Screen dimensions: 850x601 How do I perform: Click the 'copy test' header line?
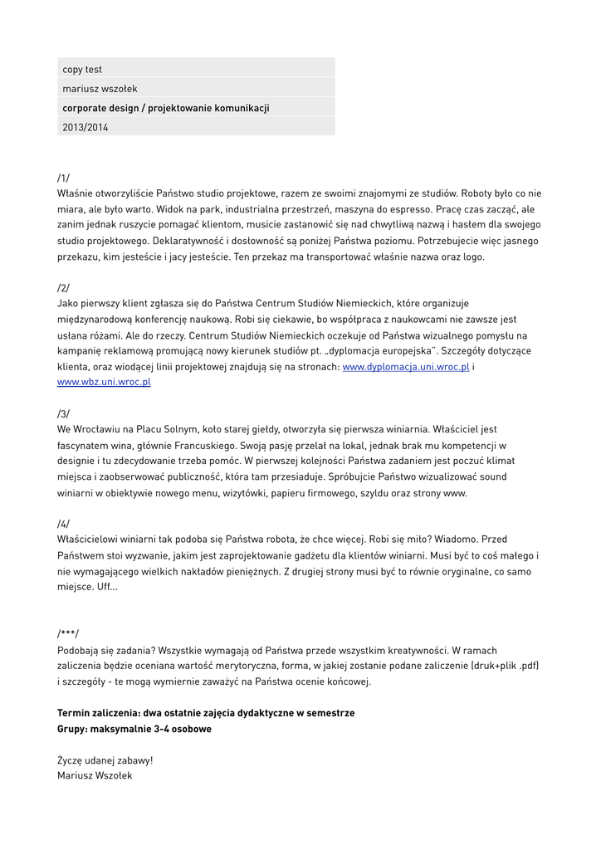(x=82, y=69)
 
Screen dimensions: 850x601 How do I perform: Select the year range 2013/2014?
(x=85, y=127)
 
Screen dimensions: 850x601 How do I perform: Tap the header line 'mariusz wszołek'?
(x=100, y=88)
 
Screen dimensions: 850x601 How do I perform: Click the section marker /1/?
(x=64, y=178)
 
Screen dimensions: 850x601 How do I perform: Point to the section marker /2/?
(x=64, y=287)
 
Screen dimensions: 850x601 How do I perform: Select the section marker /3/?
(x=64, y=413)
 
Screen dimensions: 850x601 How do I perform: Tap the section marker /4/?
(x=64, y=524)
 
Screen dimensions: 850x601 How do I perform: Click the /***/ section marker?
(x=68, y=633)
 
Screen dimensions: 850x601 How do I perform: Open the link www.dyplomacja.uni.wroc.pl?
(x=406, y=366)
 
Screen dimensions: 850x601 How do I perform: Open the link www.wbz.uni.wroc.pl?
(x=104, y=382)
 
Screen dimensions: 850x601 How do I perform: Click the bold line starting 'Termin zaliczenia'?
(x=206, y=713)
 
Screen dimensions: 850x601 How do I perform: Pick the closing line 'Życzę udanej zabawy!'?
(x=105, y=760)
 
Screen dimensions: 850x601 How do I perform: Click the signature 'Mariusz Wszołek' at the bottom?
(x=95, y=775)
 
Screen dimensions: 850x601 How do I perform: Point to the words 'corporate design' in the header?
(x=100, y=108)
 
